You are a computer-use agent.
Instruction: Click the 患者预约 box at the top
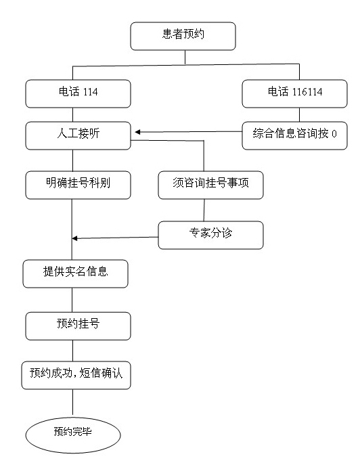183,36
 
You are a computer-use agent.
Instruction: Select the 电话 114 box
78,93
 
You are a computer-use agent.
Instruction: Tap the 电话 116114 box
294,93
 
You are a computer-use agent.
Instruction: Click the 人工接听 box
78,135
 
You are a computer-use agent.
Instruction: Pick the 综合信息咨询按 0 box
294,135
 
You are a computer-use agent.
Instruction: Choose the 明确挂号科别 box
78,185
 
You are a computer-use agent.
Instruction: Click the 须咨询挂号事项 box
210,185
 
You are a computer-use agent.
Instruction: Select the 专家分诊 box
210,235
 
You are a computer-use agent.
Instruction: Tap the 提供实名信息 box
75,273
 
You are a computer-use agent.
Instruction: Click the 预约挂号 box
78,326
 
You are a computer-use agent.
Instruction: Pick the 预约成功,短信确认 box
76,375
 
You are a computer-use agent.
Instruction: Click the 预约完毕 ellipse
73,435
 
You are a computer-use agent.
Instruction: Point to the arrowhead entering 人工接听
137,132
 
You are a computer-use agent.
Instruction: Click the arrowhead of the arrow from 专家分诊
74,238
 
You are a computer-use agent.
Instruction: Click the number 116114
307,91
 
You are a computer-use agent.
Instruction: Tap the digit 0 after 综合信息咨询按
334,134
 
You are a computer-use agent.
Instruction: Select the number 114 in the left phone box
91,91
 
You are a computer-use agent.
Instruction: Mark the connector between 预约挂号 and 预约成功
72,351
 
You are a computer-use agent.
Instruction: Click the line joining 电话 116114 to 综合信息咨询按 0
299,115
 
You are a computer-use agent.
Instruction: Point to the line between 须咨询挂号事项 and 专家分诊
204,211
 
